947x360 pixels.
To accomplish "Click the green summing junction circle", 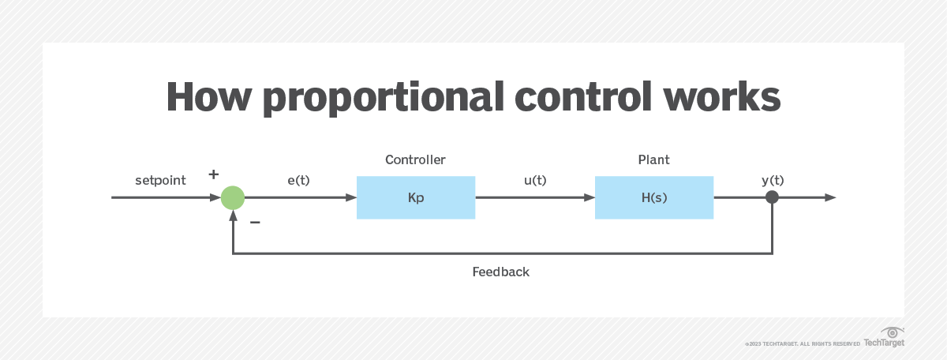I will [233, 197].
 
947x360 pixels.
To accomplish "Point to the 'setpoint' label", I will [160, 180].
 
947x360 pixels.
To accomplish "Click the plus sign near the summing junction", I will [213, 174].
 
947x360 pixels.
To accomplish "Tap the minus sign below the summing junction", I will [255, 223].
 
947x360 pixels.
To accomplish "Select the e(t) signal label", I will [298, 180].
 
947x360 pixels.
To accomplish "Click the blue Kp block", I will [416, 197].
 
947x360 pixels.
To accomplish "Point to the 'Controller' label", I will [415, 160].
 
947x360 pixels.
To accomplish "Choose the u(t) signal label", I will [535, 180].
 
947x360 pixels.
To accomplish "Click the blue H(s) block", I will [654, 197].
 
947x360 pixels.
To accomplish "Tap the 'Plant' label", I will [654, 160].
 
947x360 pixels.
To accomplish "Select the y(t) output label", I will [773, 180].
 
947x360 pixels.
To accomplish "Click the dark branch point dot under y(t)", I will [773, 197].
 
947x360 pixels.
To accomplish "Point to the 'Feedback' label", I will [501, 272].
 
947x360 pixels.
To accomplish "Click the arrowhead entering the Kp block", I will [351, 197].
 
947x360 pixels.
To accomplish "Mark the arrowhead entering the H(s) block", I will [590, 197].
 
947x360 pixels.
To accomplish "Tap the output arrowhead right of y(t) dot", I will [830, 197].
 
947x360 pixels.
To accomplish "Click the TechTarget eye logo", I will [893, 332].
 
